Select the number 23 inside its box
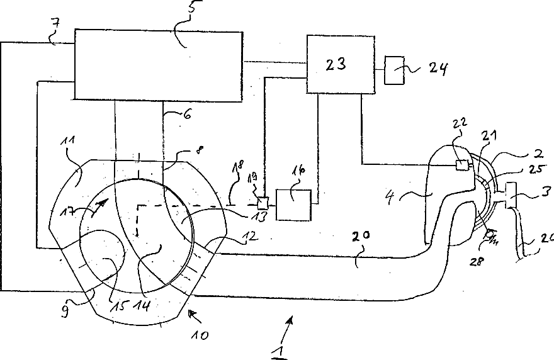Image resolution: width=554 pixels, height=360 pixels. (x=336, y=64)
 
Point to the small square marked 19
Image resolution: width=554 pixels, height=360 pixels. (x=262, y=203)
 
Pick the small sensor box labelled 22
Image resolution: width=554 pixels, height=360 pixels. (x=463, y=166)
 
